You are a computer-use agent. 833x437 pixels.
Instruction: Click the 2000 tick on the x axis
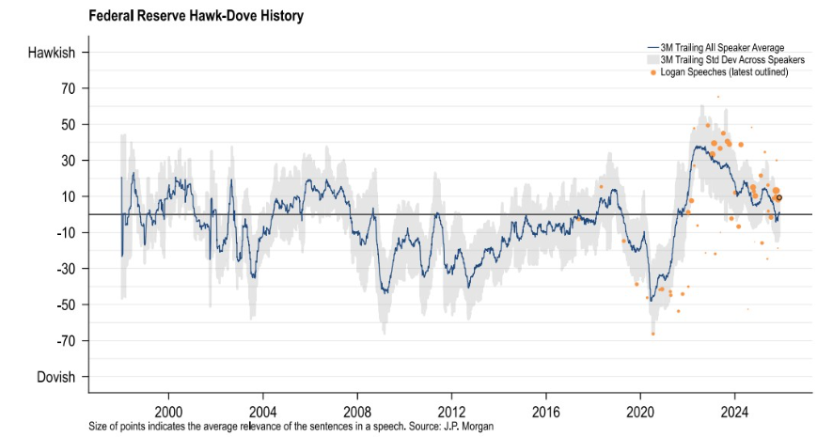point(168,411)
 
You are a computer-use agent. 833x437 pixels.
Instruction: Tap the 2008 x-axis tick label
point(357,411)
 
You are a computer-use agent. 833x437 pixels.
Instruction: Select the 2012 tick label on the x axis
point(451,411)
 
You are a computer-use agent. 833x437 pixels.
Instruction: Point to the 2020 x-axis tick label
point(640,411)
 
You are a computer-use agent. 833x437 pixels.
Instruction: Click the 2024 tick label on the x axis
point(734,411)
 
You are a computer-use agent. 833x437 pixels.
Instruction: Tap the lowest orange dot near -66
point(652,334)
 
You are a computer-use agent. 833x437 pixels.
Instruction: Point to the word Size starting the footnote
point(100,427)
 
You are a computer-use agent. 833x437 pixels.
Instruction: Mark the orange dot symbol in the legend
point(653,72)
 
